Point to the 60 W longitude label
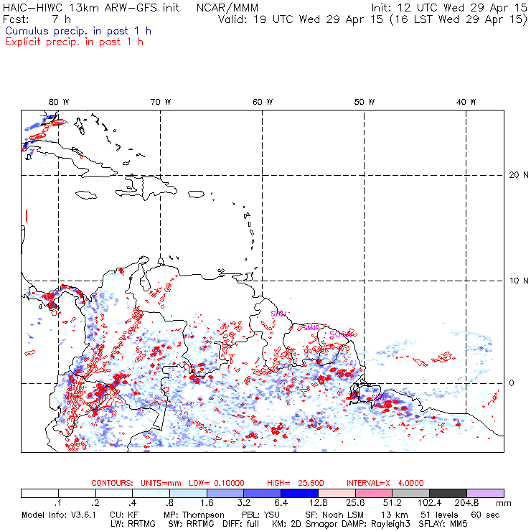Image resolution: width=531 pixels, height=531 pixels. [x=263, y=102]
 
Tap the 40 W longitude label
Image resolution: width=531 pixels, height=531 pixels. [x=467, y=102]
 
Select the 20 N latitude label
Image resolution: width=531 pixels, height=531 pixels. [x=515, y=174]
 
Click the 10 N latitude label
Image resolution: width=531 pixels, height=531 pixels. [x=515, y=280]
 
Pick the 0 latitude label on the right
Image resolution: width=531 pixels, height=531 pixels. [x=512, y=382]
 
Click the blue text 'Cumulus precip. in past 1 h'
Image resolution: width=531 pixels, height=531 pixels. [x=78, y=31]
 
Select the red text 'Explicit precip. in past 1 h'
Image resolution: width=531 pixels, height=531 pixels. [x=74, y=42]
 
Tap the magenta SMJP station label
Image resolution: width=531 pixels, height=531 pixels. [x=311, y=327]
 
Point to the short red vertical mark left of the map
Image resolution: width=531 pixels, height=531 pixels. [x=26, y=215]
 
